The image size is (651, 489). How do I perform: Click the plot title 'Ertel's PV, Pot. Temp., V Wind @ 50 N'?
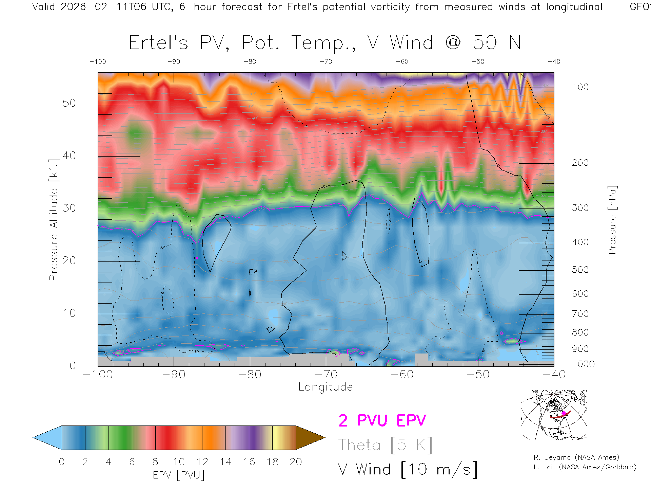[325, 43]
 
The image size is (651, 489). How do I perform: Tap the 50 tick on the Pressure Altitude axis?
[69, 103]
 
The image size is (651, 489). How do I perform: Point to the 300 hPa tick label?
[580, 208]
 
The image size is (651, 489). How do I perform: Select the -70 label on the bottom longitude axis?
[326, 375]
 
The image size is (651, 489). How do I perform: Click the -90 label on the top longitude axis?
[174, 62]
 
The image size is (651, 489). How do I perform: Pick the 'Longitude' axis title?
[325, 387]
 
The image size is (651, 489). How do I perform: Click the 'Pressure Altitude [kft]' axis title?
[54, 220]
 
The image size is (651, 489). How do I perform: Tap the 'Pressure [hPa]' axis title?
[612, 220]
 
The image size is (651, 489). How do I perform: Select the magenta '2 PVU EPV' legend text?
[382, 420]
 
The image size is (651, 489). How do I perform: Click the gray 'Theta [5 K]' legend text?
[385, 445]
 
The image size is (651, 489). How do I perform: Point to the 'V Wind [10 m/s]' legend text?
[408, 470]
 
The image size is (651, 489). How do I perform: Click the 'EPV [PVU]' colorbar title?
[179, 475]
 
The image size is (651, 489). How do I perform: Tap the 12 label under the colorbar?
[202, 462]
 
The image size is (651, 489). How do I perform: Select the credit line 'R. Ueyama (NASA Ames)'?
[576, 457]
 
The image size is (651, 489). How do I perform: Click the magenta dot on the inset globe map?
[564, 413]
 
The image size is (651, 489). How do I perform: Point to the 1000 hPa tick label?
[583, 364]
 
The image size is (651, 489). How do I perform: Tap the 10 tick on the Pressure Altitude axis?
[69, 313]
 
